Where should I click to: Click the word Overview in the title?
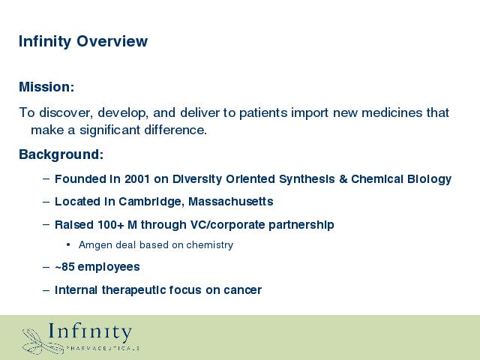[x=112, y=40]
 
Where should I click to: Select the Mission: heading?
[x=46, y=87]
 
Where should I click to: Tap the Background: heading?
[x=61, y=154]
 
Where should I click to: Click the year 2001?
[x=137, y=178]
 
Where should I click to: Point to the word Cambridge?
[x=151, y=202]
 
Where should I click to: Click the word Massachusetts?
[x=231, y=202]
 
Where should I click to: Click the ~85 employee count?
[x=64, y=267]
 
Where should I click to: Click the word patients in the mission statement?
[x=263, y=112]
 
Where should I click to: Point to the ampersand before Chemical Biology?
[x=343, y=179]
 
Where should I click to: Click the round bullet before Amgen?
[x=68, y=244]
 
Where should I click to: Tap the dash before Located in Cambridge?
[x=46, y=202]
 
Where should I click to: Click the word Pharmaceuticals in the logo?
[x=103, y=348]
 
